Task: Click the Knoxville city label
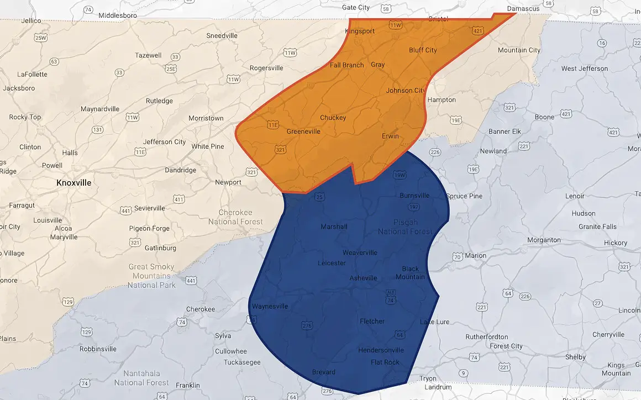pos(74,182)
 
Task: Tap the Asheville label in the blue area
pos(363,278)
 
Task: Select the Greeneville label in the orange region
pos(303,131)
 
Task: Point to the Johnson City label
pos(406,91)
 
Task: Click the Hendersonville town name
pos(381,350)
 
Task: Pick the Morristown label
pos(206,118)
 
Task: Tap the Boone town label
pos(544,117)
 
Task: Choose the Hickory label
pos(616,243)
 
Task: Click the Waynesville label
pos(270,306)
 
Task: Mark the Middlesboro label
pos(118,15)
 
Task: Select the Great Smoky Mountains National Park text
pos(152,276)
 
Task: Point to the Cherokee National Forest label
pos(235,217)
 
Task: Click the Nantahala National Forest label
pos(142,378)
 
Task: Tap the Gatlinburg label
pos(160,248)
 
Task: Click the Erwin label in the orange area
pos(390,136)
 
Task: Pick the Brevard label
pos(323,372)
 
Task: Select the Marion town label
pos(475,255)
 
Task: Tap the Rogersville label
pos(266,68)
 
